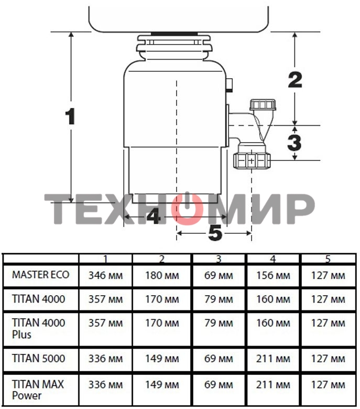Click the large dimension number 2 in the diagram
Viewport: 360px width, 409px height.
(x=295, y=80)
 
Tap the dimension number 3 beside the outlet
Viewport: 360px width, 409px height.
(x=294, y=143)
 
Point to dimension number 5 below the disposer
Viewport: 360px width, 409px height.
(x=215, y=233)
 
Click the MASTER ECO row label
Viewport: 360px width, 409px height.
(x=41, y=275)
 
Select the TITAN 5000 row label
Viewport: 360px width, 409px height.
(x=39, y=358)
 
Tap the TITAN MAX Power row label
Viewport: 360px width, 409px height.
(x=38, y=390)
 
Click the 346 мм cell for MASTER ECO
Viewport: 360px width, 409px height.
(x=105, y=275)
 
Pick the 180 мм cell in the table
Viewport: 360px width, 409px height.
(x=162, y=275)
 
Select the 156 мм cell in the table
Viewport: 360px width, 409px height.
(x=273, y=275)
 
